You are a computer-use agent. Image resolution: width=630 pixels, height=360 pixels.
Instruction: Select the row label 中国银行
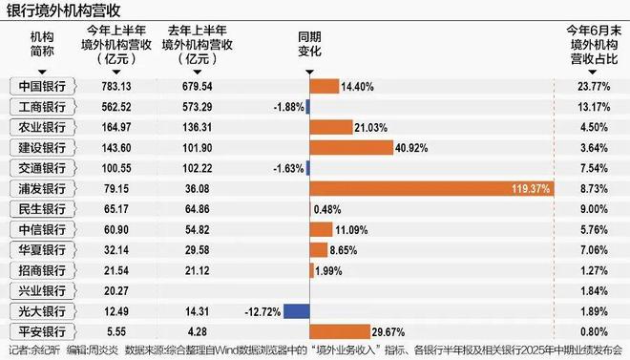(x=42, y=86)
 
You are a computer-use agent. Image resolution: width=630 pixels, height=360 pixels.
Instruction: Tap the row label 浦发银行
(x=42, y=189)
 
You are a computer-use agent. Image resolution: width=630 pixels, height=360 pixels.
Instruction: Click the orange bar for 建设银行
(x=351, y=148)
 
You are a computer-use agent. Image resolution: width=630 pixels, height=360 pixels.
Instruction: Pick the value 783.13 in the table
(x=116, y=86)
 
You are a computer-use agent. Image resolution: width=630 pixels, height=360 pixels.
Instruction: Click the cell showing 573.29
(x=198, y=107)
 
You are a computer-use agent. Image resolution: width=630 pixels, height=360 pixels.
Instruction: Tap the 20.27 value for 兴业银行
(x=116, y=291)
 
